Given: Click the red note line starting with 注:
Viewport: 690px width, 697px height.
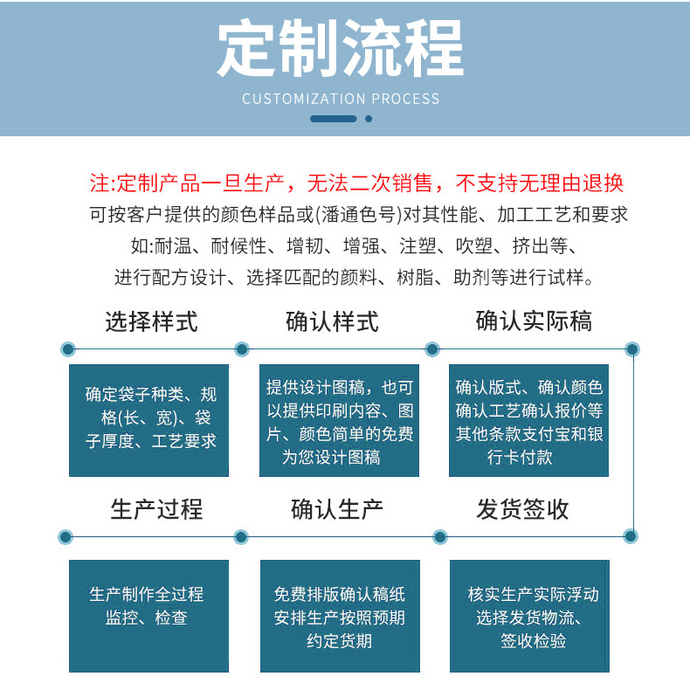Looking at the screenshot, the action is click(x=357, y=183).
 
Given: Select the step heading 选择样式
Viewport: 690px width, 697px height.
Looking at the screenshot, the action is click(x=151, y=321).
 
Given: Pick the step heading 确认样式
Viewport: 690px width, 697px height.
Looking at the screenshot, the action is click(x=333, y=321).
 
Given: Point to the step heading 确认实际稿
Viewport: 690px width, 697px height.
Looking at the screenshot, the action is click(x=534, y=321).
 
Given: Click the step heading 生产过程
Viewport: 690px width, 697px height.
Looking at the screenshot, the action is click(x=156, y=509).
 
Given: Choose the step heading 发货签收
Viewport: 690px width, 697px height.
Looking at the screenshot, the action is click(x=523, y=509).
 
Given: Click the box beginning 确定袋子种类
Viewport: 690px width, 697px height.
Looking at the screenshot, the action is click(x=149, y=419).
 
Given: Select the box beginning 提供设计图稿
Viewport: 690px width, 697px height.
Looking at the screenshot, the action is click(x=340, y=419).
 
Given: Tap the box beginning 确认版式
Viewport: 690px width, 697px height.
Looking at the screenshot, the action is click(x=528, y=419).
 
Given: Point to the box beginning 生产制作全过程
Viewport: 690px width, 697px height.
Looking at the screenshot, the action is click(x=149, y=615).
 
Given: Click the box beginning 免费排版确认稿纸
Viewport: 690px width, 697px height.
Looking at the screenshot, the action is click(x=340, y=615).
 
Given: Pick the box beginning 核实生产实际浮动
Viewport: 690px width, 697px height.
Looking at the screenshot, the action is click(x=528, y=615).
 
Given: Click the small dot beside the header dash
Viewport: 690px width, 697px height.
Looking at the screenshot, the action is click(x=369, y=119).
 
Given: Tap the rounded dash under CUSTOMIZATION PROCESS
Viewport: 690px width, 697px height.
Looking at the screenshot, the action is click(x=334, y=119).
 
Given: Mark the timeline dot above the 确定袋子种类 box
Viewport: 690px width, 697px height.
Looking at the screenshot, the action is click(x=67, y=349).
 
